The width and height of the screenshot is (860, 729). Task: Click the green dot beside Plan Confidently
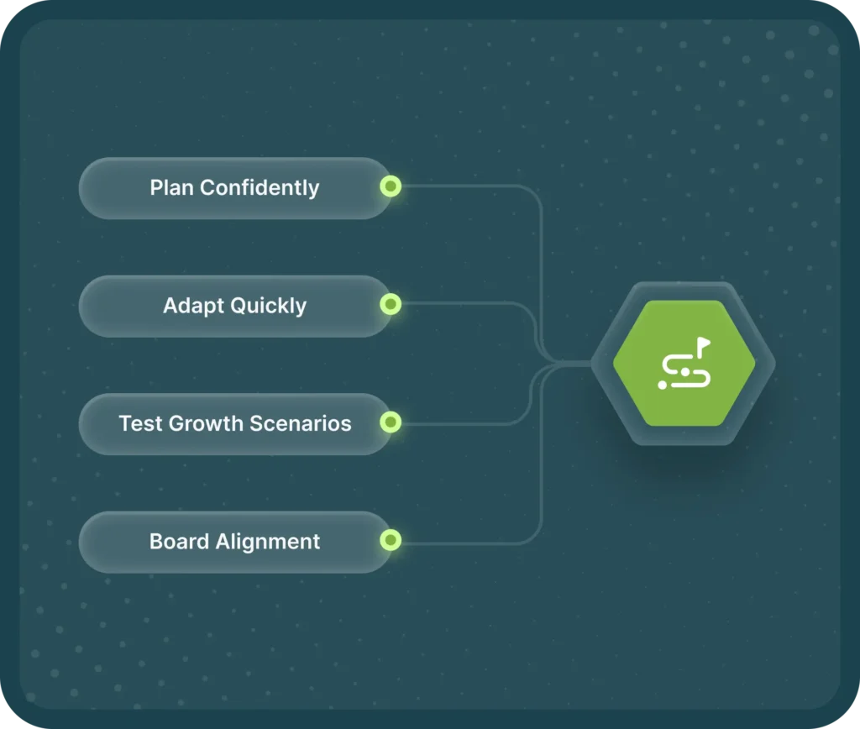(391, 186)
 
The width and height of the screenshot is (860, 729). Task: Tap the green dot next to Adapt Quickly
(391, 305)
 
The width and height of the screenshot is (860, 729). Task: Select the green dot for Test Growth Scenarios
(391, 422)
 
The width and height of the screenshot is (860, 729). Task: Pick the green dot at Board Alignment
(391, 541)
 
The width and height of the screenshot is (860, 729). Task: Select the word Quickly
(270, 306)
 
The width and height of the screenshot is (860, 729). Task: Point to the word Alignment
(268, 542)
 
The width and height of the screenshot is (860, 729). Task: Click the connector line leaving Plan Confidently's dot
(470, 186)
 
